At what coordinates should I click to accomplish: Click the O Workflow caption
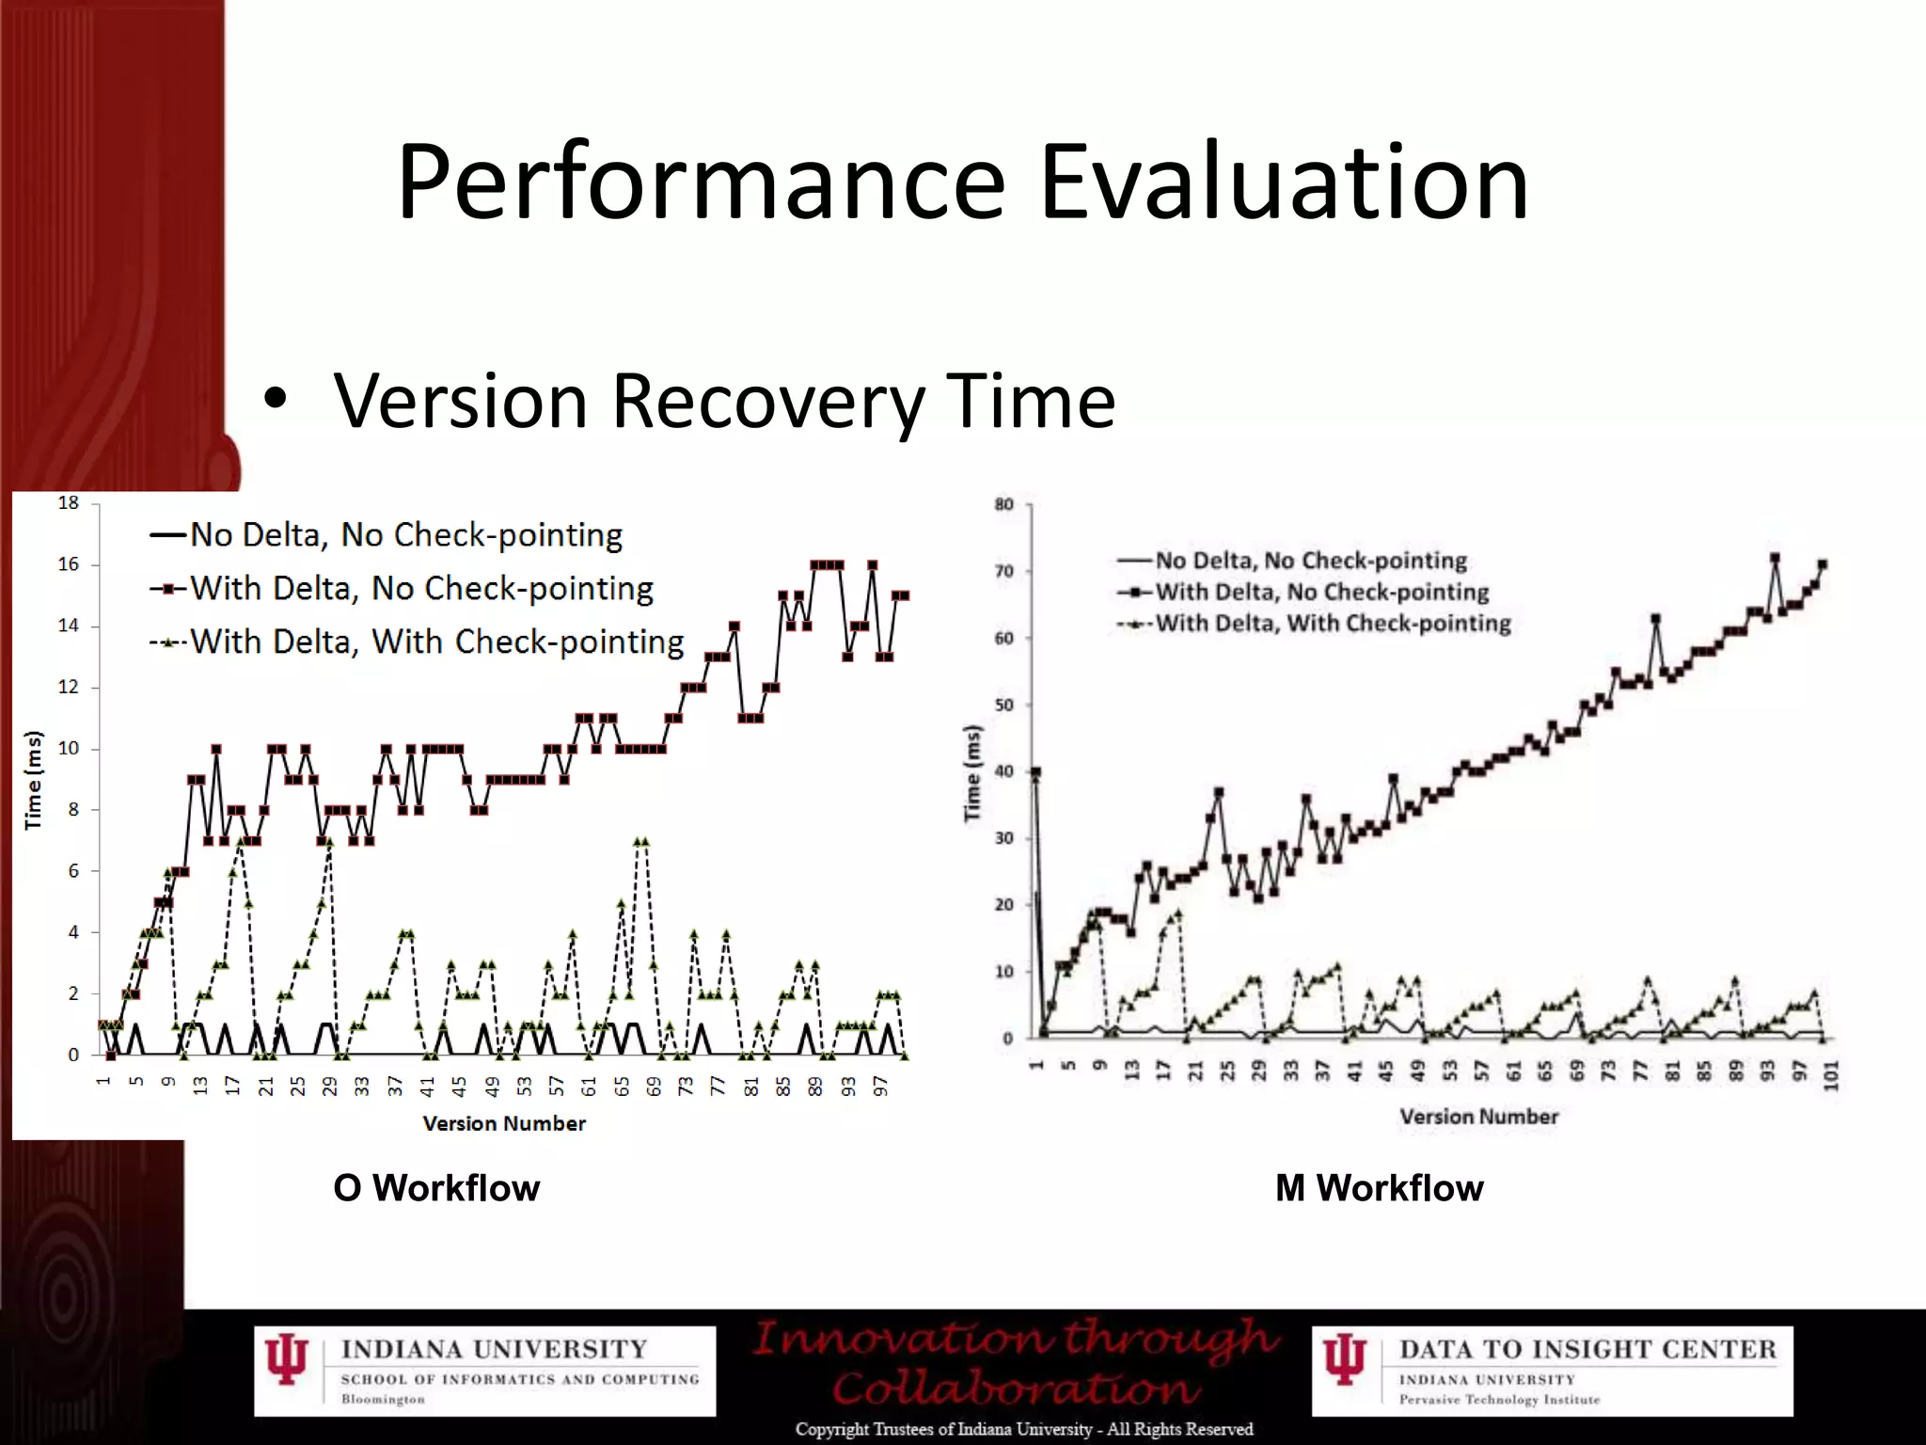[436, 1188]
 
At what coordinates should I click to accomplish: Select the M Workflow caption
[1379, 1188]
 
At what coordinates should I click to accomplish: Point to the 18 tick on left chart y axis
[69, 503]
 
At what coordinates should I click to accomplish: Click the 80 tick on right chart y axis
[1004, 505]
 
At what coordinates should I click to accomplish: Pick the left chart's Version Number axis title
[504, 1123]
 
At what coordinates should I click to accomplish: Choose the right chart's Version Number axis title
[1478, 1117]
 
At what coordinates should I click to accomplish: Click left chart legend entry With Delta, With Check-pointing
[436, 643]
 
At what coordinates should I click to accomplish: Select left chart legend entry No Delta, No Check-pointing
[405, 535]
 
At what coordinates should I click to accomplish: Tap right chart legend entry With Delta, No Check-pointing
[1321, 593]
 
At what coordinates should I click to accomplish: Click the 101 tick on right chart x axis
[1831, 1073]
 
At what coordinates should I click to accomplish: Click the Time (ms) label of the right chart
[972, 772]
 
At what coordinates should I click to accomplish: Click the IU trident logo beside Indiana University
[286, 1360]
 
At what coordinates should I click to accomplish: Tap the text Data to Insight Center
[1587, 1349]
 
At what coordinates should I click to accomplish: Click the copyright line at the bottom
[1023, 1429]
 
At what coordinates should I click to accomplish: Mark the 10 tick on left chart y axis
[69, 749]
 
